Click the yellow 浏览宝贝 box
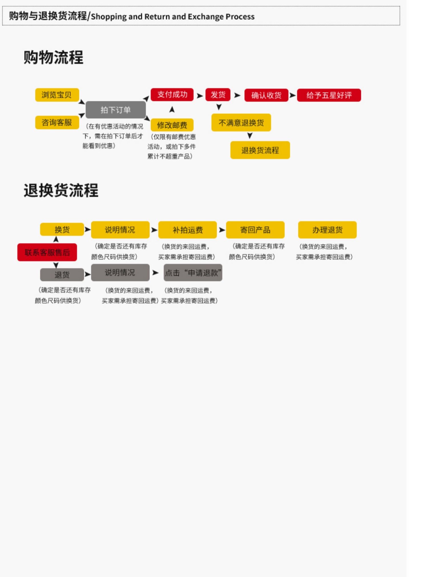coord(57,95)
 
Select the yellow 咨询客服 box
coord(57,123)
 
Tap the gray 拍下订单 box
coord(116,110)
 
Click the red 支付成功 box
coord(172,95)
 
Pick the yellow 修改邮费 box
coord(172,125)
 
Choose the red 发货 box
coord(218,95)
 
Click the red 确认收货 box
coord(266,95)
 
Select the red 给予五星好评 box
coord(329,95)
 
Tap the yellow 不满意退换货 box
coord(241,123)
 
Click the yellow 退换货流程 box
coord(260,150)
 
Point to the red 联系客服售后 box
coord(47,252)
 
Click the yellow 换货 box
coord(62,229)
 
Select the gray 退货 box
coord(62,275)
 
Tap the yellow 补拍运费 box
coord(187,230)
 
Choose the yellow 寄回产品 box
coord(255,230)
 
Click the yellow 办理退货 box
coord(327,230)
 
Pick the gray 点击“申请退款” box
coord(193,273)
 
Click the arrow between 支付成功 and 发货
coord(200,96)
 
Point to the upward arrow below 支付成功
coord(172,109)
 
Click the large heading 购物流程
coord(53,57)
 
